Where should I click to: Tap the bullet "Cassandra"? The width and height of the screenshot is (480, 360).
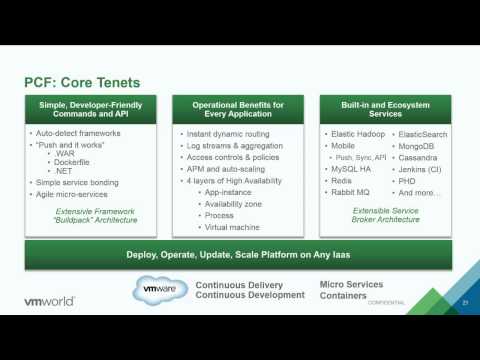(420, 157)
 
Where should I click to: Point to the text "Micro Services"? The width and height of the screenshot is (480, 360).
(351, 285)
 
